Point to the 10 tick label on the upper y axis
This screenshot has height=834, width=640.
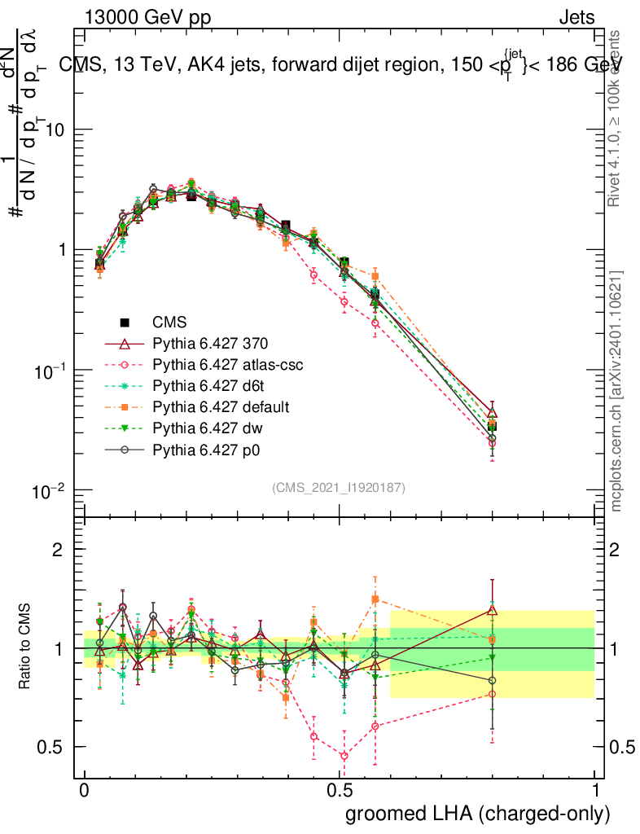(54, 130)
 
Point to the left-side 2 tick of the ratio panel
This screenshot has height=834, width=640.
(58, 551)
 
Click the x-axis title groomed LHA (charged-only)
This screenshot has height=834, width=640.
(479, 814)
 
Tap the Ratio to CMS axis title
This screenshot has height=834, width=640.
(28, 647)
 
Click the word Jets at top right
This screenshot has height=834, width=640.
(576, 18)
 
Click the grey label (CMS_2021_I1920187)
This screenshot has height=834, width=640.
(339, 488)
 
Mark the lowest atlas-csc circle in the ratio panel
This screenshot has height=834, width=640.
(344, 756)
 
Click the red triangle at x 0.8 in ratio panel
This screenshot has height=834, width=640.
(492, 610)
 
